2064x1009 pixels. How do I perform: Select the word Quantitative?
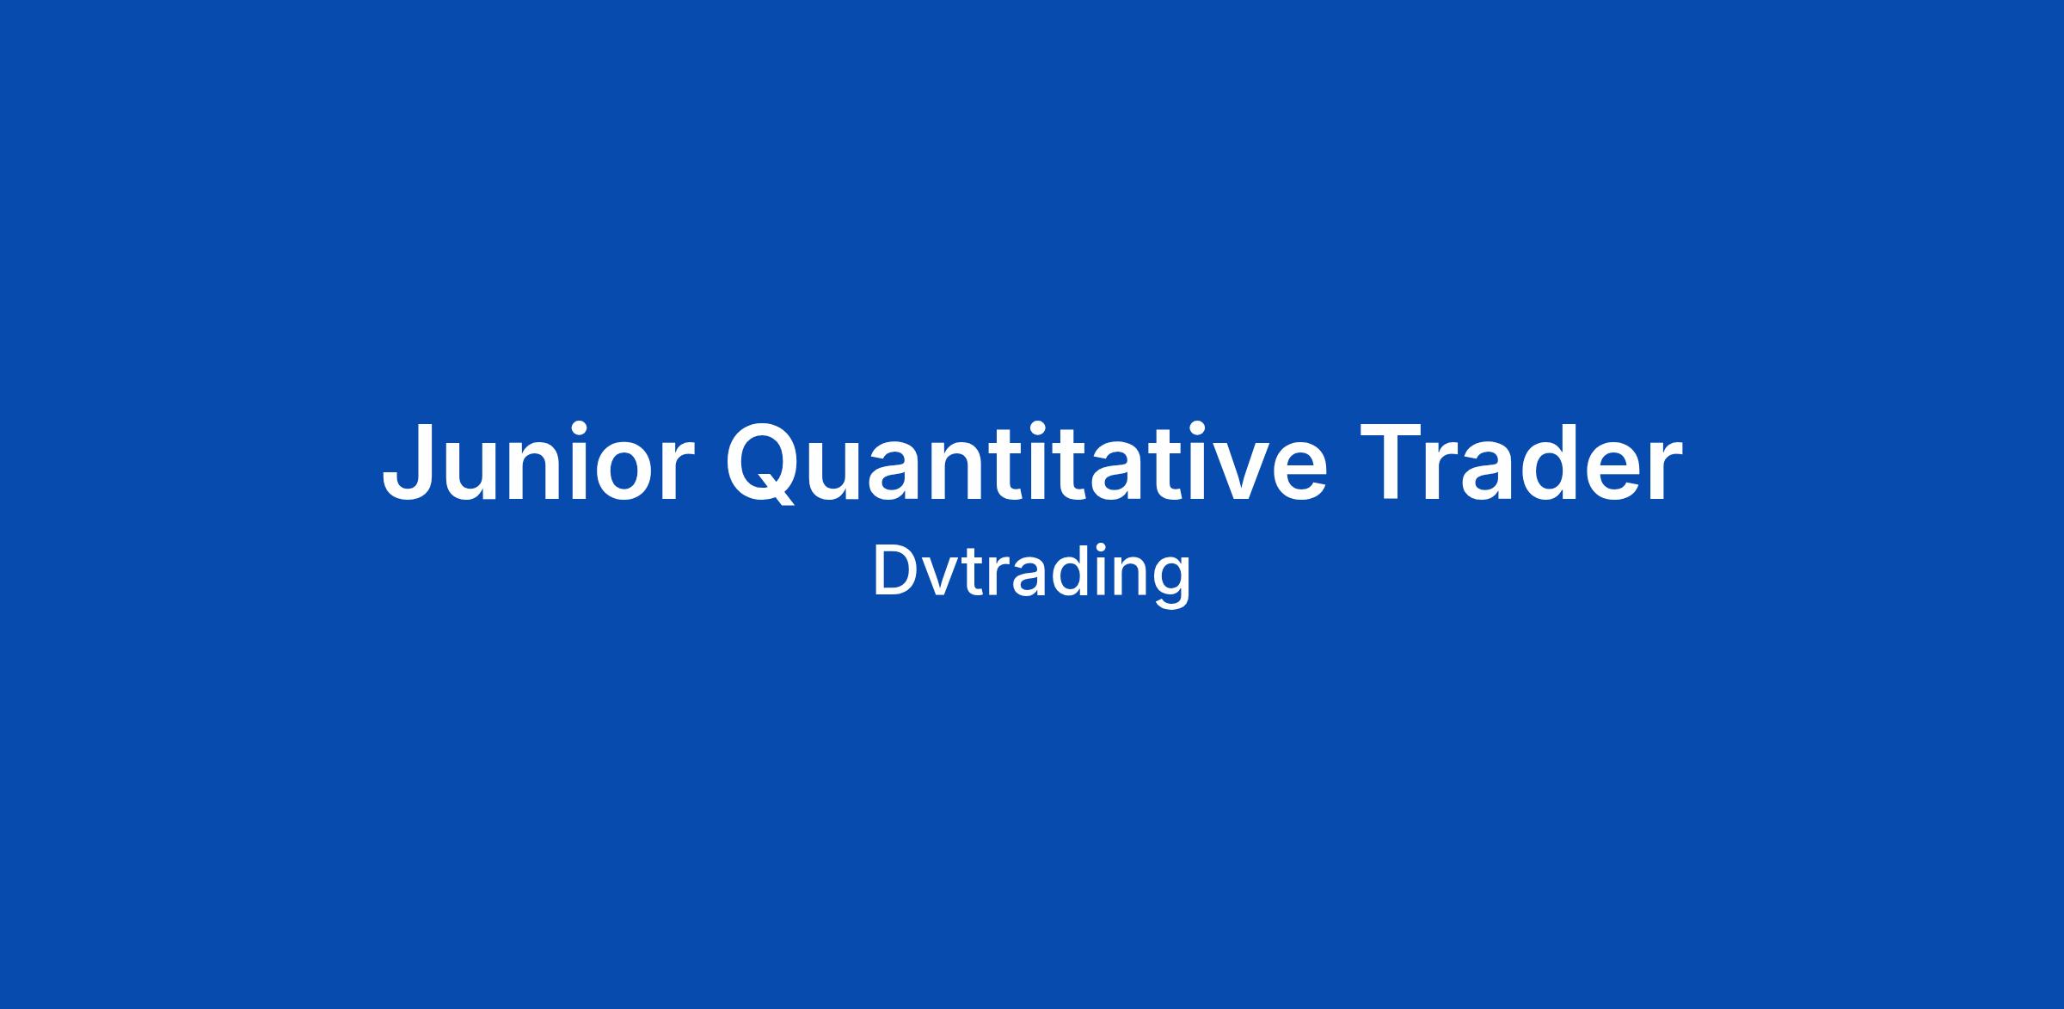(1027, 462)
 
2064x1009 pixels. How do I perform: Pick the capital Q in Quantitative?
(764, 465)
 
